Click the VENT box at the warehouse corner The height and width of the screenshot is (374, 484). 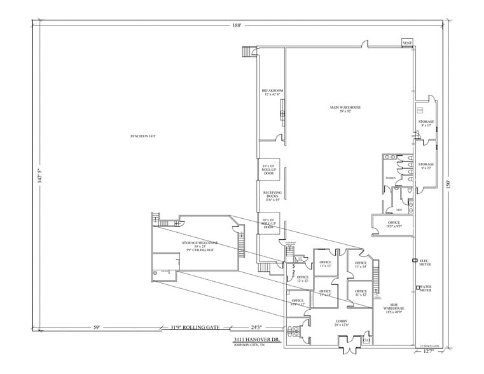click(x=407, y=43)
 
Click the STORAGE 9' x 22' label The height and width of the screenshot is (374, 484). click(x=426, y=166)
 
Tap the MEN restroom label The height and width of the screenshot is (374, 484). click(x=399, y=208)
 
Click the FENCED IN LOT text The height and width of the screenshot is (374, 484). click(x=143, y=136)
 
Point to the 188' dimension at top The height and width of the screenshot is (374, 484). click(x=237, y=25)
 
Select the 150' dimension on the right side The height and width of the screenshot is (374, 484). click(x=448, y=184)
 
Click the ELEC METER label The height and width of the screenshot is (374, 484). click(x=424, y=261)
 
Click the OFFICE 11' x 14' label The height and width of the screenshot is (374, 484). click(x=361, y=265)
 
